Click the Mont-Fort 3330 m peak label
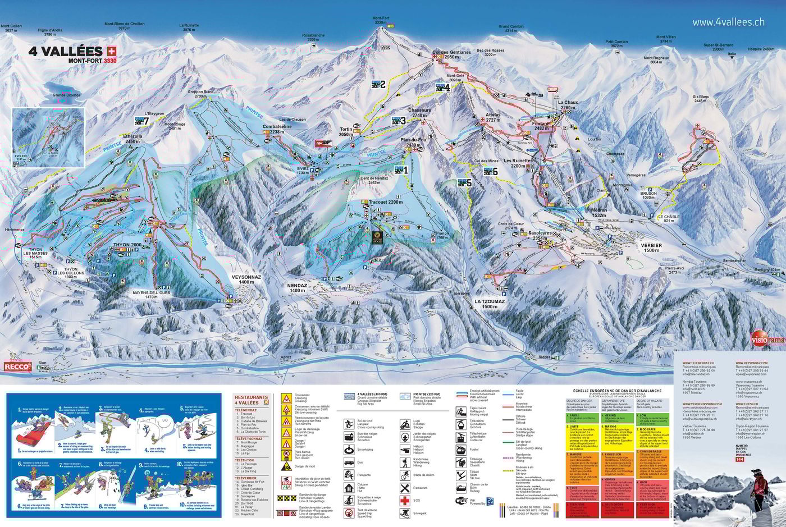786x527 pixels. click(x=381, y=20)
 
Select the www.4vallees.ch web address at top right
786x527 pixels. click(x=728, y=22)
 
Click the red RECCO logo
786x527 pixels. click(x=17, y=366)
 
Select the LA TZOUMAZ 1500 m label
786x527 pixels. click(x=490, y=304)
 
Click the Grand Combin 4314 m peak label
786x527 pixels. click(x=510, y=29)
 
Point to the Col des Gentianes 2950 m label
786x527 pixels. click(x=451, y=54)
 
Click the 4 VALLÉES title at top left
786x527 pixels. click(x=66, y=51)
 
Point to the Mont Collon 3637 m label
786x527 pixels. click(x=11, y=28)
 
